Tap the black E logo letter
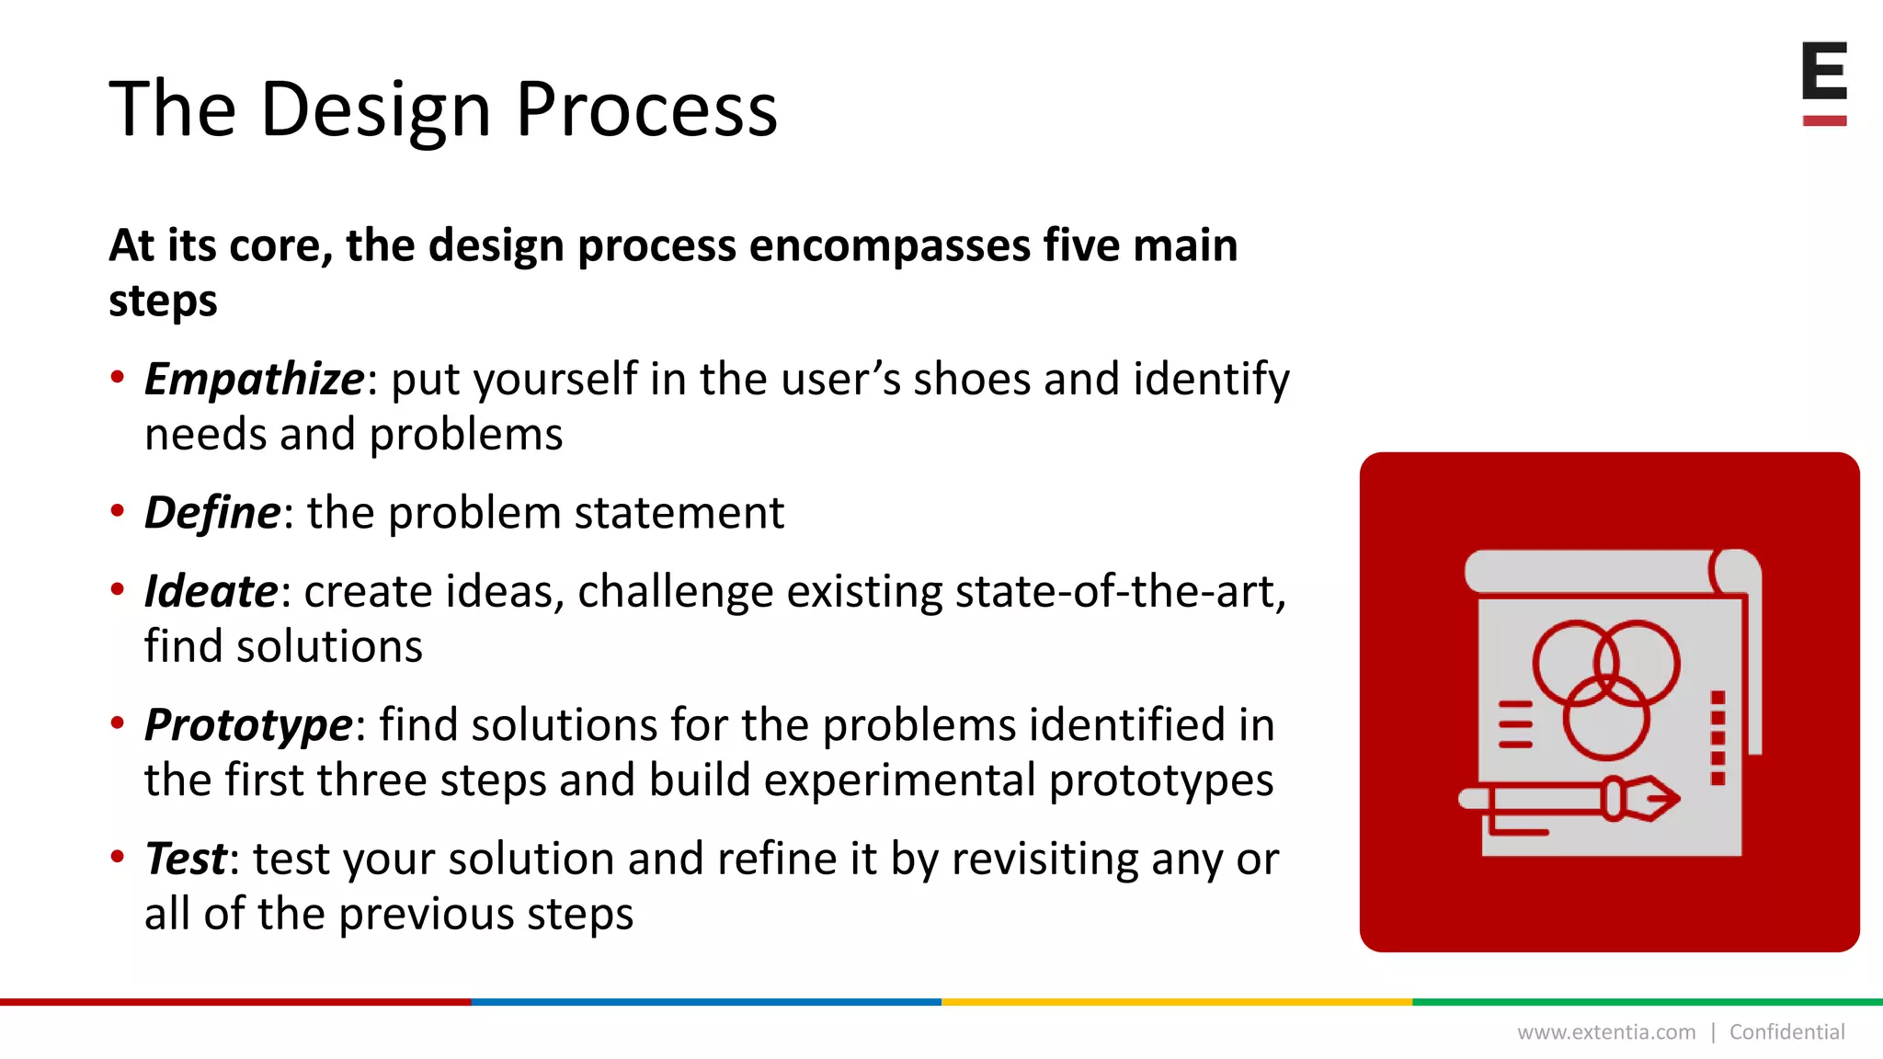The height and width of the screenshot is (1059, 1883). [x=1824, y=71]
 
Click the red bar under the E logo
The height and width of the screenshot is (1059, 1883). [x=1824, y=120]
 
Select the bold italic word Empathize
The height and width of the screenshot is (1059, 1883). [x=254, y=380]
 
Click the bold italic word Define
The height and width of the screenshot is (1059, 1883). [x=211, y=512]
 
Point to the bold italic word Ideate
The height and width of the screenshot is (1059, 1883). [x=211, y=591]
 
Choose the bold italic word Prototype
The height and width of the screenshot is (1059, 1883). [x=248, y=725]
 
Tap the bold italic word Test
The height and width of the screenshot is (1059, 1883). [x=186, y=859]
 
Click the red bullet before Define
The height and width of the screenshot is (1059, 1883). [x=117, y=511]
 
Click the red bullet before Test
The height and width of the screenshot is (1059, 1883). [x=117, y=858]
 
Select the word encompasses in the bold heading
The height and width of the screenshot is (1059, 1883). [x=889, y=246]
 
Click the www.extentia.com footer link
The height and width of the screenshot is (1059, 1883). [x=1605, y=1032]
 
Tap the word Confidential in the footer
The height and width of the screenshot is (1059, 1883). [x=1786, y=1032]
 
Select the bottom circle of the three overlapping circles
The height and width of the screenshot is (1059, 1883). [x=1606, y=718]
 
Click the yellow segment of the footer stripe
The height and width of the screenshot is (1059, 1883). [x=1177, y=1002]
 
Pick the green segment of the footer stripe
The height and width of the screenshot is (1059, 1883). [x=1648, y=1002]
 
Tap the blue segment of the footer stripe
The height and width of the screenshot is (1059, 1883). [x=706, y=1002]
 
